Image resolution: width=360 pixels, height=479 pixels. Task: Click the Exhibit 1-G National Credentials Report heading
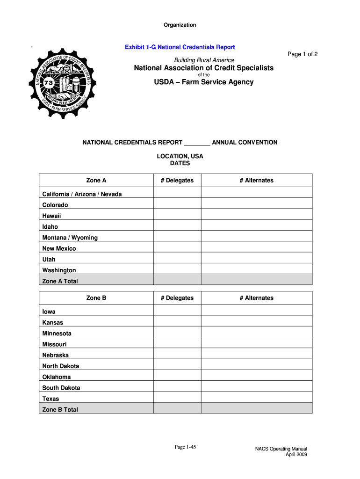[180, 47]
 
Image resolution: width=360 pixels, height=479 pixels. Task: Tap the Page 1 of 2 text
[302, 54]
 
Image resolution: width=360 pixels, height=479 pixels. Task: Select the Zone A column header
[96, 181]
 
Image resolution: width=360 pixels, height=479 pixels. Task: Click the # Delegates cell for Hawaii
[177, 216]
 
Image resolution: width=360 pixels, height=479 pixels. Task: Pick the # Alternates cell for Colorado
[257, 205]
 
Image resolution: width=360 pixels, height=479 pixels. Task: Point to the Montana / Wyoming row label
[70, 238]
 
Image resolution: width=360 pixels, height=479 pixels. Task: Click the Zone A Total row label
[60, 281]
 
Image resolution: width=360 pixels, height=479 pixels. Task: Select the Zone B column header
[96, 298]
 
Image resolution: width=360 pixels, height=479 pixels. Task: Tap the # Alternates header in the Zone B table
[257, 298]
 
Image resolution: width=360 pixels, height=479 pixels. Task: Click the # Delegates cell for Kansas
[177, 323]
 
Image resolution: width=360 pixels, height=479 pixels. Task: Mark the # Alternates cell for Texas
[257, 399]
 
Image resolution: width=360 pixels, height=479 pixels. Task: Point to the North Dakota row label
[61, 366]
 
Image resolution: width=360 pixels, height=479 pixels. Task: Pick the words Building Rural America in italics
[204, 60]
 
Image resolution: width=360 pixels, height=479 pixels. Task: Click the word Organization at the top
[180, 25]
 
